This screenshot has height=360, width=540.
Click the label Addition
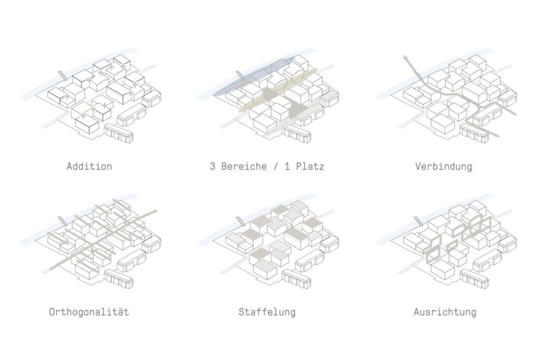pos(89,166)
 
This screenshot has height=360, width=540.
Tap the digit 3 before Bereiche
pos(213,166)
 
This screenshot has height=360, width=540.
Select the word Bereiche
pos(244,166)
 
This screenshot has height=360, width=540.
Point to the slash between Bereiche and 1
pos(275,166)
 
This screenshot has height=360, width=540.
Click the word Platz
pos(310,166)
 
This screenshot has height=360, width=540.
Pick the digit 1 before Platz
pos(288,166)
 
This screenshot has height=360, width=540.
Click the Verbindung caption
pos(443,166)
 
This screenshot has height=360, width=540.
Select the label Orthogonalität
pos(89,312)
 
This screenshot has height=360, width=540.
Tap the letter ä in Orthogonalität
pos(120,312)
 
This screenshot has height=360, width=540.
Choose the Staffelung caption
pos(267,312)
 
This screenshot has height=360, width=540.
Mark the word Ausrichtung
pos(445,312)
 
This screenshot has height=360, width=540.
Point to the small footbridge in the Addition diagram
pos(62,76)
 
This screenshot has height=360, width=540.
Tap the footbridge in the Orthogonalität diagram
pos(62,221)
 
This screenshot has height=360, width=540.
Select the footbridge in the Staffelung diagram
pos(240,221)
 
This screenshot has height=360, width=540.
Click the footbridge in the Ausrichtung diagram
pos(418,221)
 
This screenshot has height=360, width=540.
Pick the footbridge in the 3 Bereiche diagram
pos(240,76)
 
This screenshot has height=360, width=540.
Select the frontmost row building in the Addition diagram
pos(119,133)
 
